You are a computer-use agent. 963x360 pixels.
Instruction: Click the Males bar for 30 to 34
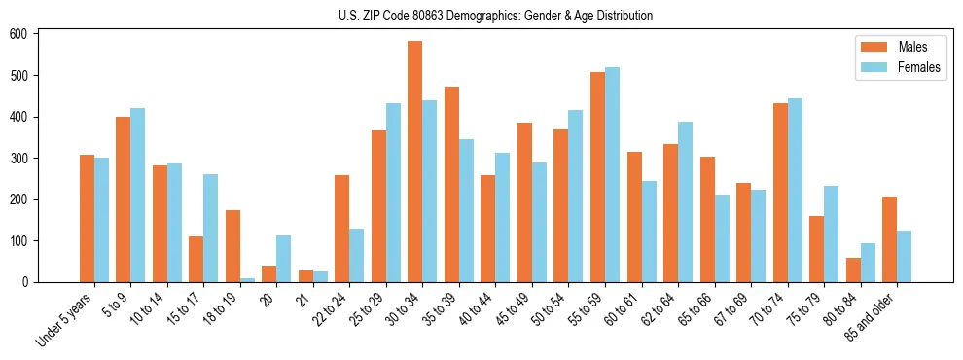tap(415, 162)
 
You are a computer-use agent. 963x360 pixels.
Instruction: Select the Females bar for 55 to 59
tap(612, 175)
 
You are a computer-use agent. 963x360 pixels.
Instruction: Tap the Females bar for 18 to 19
tap(247, 279)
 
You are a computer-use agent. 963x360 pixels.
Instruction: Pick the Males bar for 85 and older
tap(889, 239)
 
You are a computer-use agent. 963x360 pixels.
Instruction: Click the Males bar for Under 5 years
tap(87, 219)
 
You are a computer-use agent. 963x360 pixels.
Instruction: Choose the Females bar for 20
tap(284, 259)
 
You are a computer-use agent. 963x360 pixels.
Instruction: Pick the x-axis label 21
tap(303, 296)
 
